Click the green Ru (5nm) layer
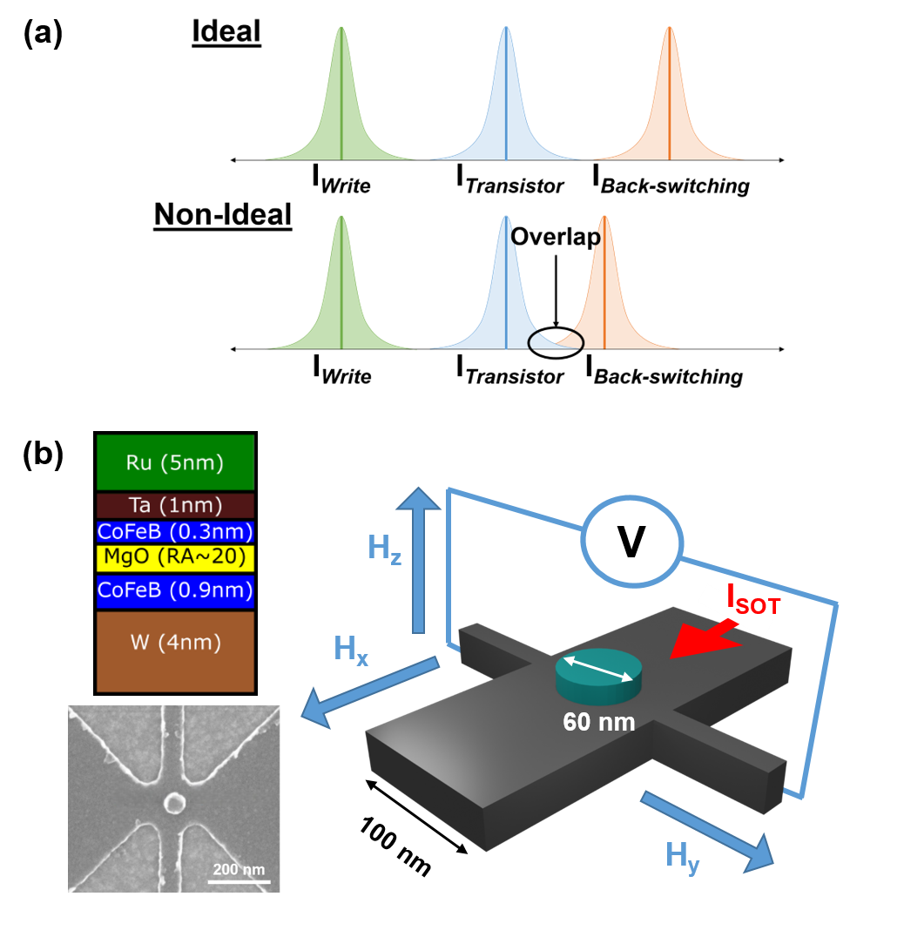pyautogui.click(x=175, y=462)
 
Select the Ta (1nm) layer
pyautogui.click(x=175, y=506)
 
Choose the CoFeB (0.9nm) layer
pyautogui.click(x=175, y=590)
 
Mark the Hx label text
pyautogui.click(x=350, y=650)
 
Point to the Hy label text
pyautogui.click(x=682, y=855)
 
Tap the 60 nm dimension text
pyautogui.click(x=598, y=722)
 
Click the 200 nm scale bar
pyautogui.click(x=239, y=881)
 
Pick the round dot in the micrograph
pyautogui.click(x=174, y=802)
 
